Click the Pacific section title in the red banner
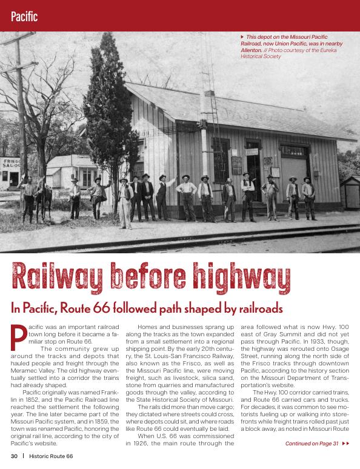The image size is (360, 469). [x=24, y=16]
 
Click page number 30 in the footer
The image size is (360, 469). [x=13, y=455]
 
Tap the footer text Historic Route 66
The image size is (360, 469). [x=52, y=455]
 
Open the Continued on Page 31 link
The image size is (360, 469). [x=312, y=444]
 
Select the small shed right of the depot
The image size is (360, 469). [x=350, y=192]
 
